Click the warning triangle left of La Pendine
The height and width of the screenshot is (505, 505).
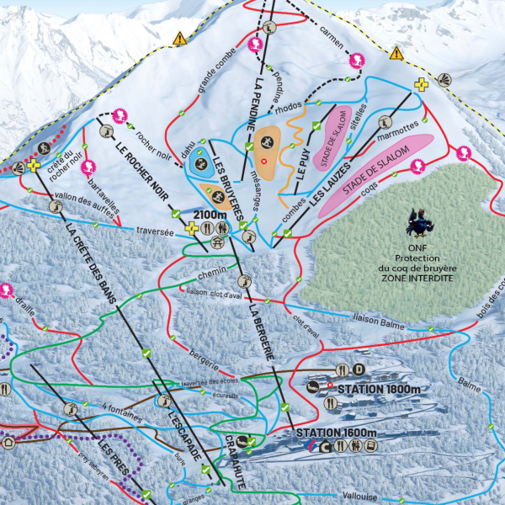coord(178,39)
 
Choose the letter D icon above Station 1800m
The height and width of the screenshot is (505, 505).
coord(359,369)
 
